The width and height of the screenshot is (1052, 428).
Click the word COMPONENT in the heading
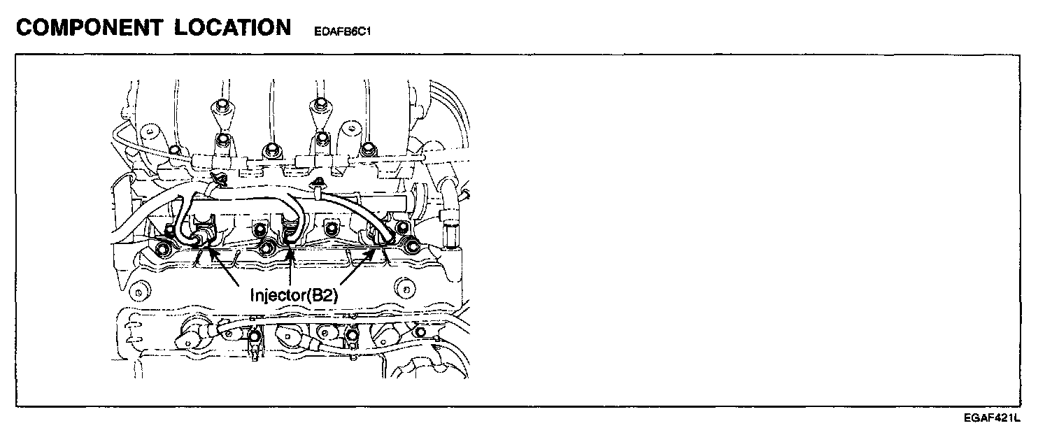click(85, 27)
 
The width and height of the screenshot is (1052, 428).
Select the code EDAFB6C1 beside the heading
click(343, 31)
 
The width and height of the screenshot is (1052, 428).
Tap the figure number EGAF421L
click(992, 418)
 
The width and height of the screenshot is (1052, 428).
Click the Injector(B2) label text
click(294, 296)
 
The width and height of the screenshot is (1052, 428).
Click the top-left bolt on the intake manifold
click(221, 107)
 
